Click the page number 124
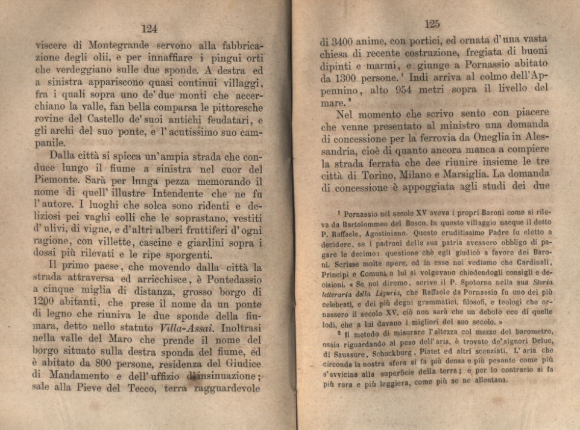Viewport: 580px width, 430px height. [149, 28]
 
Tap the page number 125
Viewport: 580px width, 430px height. [432, 24]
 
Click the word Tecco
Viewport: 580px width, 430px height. [142, 390]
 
